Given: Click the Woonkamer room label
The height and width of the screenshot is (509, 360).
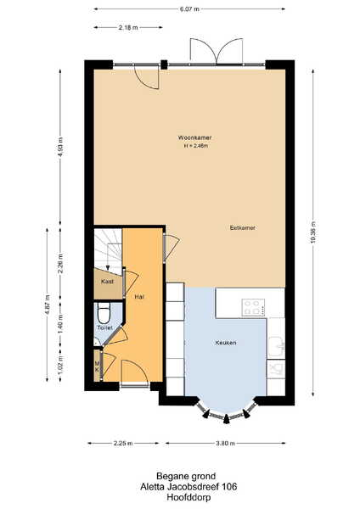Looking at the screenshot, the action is coord(194,137).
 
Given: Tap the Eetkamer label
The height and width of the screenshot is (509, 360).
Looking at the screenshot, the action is coord(242,228).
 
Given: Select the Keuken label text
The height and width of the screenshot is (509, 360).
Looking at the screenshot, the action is coord(226,343).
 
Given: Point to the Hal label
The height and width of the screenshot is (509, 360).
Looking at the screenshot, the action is coord(139,297).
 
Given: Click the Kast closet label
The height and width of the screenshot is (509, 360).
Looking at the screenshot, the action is coord(107,281).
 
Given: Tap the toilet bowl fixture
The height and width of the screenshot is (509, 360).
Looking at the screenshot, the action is coord(104,312).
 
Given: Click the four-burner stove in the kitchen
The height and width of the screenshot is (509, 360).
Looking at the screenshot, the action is coord(253,307).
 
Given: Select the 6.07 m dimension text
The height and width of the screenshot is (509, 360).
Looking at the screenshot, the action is coord(189,9).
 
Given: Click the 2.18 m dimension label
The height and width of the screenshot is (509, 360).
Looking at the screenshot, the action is coord(128,28).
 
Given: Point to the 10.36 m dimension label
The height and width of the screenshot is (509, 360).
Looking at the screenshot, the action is coord(313,232).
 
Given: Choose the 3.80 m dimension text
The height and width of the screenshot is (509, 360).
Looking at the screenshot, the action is coord(225,443).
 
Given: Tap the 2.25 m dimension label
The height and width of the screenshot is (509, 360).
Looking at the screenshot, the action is coord(123,443).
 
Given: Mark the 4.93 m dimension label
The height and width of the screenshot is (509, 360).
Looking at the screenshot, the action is coord(60,147).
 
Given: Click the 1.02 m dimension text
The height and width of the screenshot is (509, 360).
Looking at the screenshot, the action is coord(60,365).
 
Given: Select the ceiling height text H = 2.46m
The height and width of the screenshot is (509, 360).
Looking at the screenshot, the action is coord(196,146).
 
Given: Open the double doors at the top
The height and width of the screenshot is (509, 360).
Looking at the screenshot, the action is coord(217,51).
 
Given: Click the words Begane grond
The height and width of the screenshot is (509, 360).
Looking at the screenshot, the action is coord(186,476).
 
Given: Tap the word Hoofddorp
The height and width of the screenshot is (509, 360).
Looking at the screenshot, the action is coord(188,497).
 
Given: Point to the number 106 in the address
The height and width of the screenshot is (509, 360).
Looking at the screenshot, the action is coord(229,487).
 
